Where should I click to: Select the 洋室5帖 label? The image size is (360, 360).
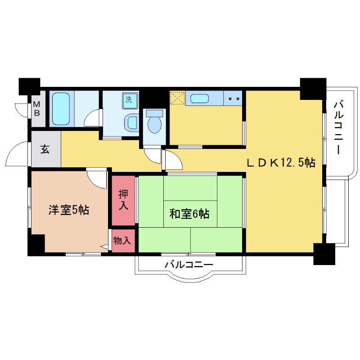tap(68, 210)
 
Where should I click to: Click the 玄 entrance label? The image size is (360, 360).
tap(45, 149)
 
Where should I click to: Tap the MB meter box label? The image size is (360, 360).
tap(38, 109)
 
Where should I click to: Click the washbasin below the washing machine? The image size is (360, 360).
tap(132, 121)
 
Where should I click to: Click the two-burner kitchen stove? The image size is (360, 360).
tap(234, 98)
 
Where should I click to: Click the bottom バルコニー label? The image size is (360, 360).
tap(189, 265)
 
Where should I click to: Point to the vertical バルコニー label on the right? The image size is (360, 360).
tap(338, 128)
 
